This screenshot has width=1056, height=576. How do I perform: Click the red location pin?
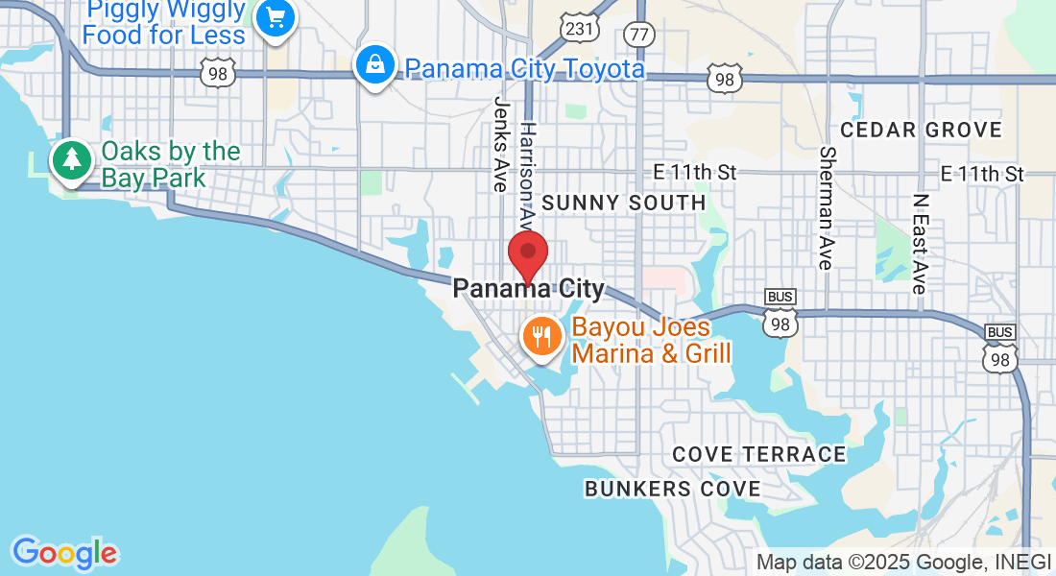[527, 254]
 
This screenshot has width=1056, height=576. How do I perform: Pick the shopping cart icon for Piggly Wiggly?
[276, 17]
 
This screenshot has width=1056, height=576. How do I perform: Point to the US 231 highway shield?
[580, 29]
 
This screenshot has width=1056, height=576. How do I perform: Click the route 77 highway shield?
[638, 35]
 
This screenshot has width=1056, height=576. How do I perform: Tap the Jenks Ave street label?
[500, 144]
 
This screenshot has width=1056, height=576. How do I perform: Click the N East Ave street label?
[921, 244]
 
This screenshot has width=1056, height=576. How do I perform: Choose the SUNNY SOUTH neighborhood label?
[623, 203]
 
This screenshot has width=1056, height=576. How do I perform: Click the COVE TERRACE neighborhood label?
[758, 454]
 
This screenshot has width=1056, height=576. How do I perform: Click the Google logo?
[64, 553]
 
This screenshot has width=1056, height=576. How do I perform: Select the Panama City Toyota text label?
[524, 69]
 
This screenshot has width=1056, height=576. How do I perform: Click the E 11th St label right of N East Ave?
[982, 174]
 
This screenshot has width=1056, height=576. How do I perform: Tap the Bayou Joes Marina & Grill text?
[651, 340]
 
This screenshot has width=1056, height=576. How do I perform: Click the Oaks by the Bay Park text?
[170, 164]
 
